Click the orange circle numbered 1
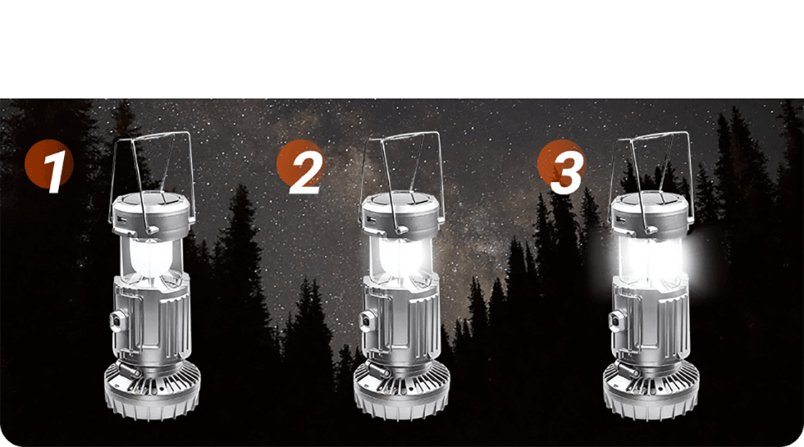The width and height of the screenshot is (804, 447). point(48,164)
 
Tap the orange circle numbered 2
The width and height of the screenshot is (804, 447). point(300,164)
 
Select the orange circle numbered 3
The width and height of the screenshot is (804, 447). point(561,164)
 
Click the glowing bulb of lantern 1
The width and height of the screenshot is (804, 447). point(149,258)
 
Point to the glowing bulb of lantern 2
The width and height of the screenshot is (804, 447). point(400,258)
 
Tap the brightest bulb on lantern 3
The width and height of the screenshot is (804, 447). point(650,258)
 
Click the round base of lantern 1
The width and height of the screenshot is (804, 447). point(153,392)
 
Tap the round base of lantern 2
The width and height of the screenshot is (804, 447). point(402,392)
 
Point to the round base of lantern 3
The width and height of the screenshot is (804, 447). point(651,392)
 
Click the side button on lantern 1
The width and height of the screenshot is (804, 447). point(118,321)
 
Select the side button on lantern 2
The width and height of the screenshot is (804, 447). point(368,321)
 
